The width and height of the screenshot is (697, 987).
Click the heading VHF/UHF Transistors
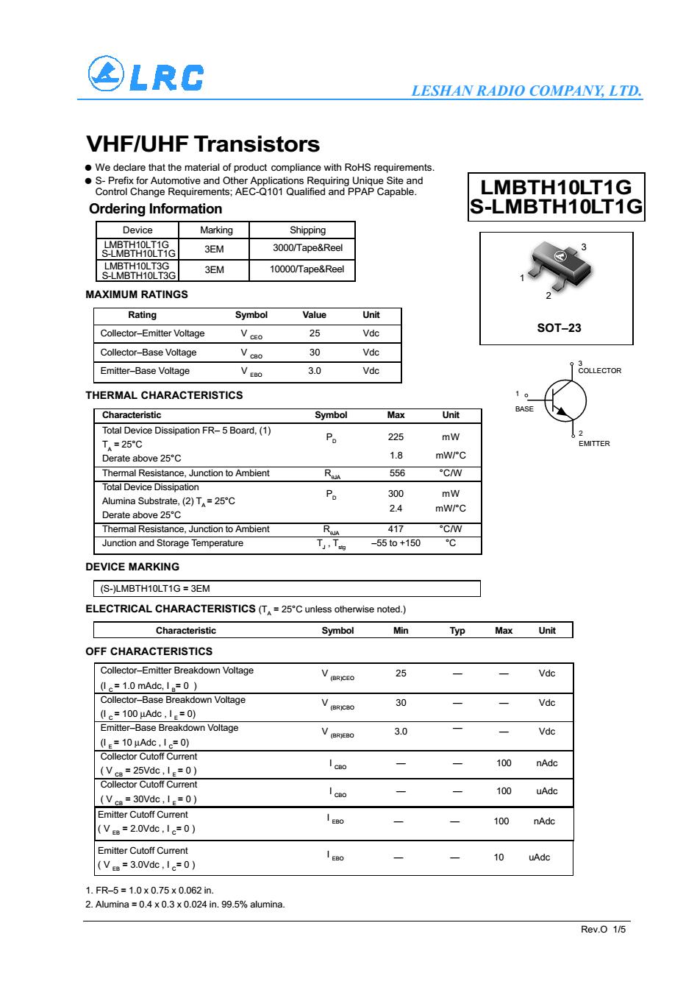click(203, 144)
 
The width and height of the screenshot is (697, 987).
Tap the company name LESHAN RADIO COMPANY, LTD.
click(526, 91)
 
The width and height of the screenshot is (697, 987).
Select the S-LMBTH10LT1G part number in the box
click(556, 207)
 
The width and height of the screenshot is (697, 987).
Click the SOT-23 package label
click(559, 328)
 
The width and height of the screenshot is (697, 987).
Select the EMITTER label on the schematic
click(593, 444)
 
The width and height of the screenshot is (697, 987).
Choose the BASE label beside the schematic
click(524, 409)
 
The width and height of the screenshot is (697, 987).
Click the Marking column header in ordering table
click(216, 230)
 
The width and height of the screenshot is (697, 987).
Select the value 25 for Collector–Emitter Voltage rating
click(315, 333)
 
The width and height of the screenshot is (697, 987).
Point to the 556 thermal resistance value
click(396, 473)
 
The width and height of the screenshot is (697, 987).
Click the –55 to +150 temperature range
click(396, 543)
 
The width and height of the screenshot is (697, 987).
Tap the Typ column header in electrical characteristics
click(457, 631)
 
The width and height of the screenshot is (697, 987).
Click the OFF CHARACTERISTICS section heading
click(149, 651)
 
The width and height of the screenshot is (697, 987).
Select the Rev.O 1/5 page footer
click(603, 930)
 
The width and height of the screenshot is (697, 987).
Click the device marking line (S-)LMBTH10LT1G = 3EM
click(155, 589)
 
